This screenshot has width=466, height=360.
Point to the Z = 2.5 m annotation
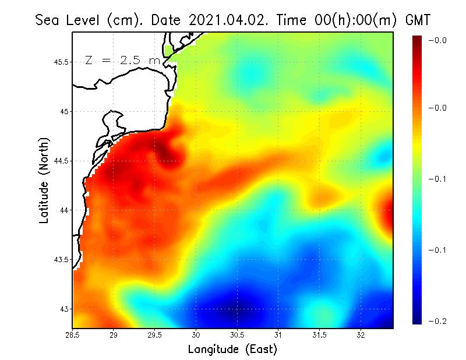122,60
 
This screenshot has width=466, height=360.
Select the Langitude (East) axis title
232,350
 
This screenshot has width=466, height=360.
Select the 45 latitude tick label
64,111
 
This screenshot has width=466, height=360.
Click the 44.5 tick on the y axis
61,161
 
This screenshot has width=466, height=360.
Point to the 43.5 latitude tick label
61,259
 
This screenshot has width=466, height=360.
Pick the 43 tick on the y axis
64,309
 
